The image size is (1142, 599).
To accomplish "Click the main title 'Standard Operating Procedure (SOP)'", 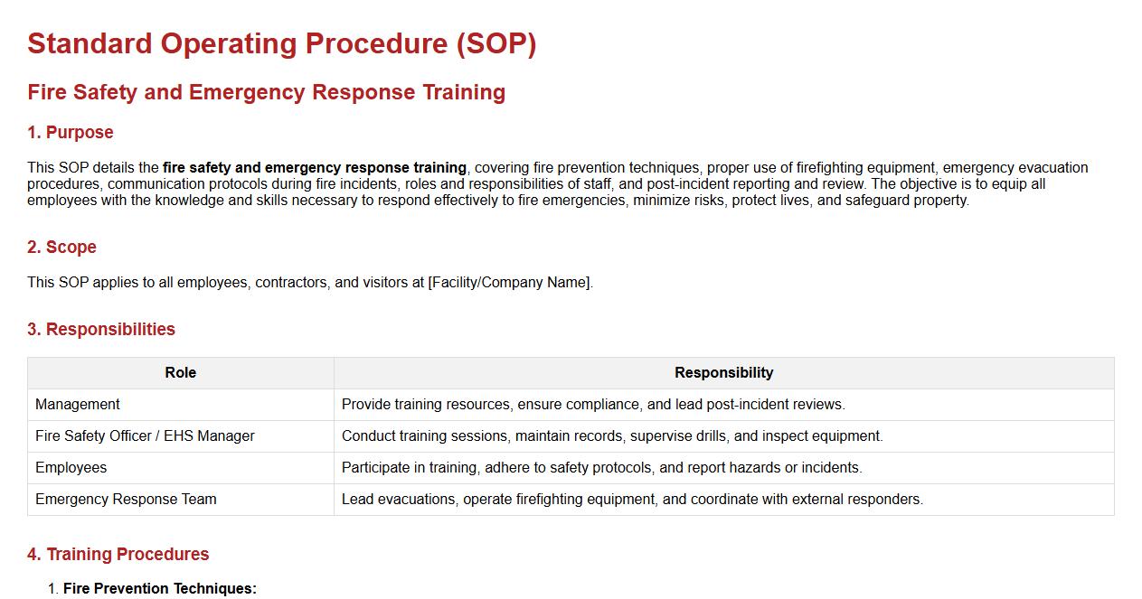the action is (x=281, y=43).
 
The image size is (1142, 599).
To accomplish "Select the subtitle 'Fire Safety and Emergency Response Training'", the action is (x=266, y=92).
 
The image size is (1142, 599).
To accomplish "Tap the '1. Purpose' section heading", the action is (x=71, y=133).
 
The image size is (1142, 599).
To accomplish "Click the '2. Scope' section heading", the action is (x=61, y=247).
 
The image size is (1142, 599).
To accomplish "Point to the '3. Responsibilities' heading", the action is (x=101, y=329).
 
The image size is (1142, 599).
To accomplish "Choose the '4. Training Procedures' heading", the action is (x=118, y=554).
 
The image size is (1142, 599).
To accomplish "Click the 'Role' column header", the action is (x=181, y=373).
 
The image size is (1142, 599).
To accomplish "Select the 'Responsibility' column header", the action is (x=724, y=373).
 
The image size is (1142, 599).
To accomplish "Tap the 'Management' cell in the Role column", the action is (x=78, y=405).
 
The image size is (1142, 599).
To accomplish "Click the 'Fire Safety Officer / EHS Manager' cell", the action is (x=145, y=436).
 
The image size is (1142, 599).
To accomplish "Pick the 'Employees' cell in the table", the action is (x=71, y=468).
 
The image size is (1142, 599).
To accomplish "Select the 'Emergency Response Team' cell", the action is (x=126, y=499).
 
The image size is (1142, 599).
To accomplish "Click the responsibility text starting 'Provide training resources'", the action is (x=593, y=405).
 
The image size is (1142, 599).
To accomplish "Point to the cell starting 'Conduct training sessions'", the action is (x=612, y=436).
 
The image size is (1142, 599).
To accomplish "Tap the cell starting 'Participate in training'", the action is (x=601, y=468).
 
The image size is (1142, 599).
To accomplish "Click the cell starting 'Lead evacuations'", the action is (x=632, y=499).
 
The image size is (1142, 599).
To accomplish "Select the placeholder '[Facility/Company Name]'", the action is (x=510, y=283).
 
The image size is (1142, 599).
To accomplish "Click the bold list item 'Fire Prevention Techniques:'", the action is (x=160, y=589).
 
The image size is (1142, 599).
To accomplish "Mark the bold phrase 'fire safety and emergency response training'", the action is (x=315, y=167).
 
